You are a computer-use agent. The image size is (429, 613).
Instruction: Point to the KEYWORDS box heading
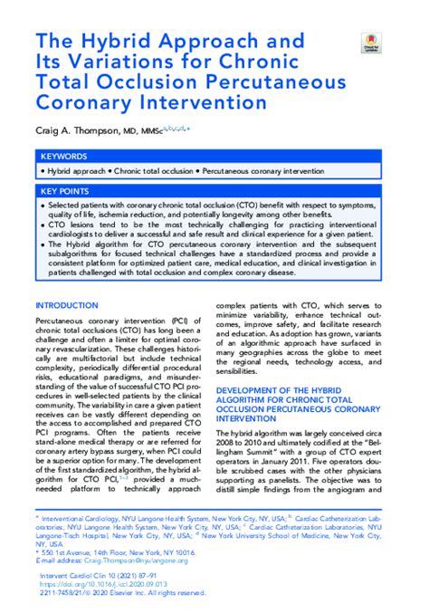coord(63,155)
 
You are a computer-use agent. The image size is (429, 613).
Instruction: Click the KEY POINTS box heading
coord(65,191)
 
